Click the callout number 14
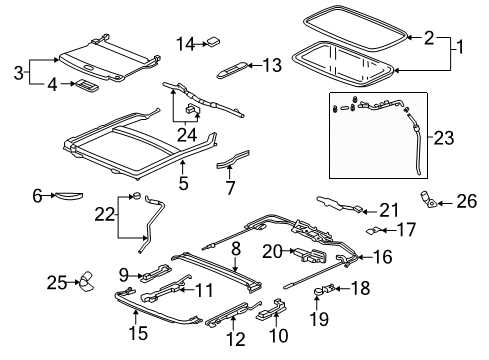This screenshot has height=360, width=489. coord(185,44)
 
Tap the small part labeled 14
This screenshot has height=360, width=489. coord(213,42)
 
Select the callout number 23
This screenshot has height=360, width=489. coord(444,137)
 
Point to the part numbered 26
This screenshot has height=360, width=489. coord(429,199)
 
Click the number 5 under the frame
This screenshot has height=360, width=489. coord(183,183)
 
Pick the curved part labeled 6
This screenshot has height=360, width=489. coord(68,195)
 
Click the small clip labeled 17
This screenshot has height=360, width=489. coord(373,230)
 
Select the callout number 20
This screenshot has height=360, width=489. coord(272,251)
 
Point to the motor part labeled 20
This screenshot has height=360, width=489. coord(310,255)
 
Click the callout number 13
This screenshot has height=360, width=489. coord(272,65)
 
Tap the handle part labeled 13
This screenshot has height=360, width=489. coord(232,70)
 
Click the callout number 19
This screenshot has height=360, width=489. coord(319,319)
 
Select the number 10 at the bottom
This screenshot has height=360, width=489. coord(278,335)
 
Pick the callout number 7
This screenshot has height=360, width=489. coord(230,188)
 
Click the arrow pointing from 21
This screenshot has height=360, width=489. coord(370,211)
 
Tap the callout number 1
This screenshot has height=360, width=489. coord(460,47)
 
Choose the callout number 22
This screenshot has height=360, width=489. coord(105,214)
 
